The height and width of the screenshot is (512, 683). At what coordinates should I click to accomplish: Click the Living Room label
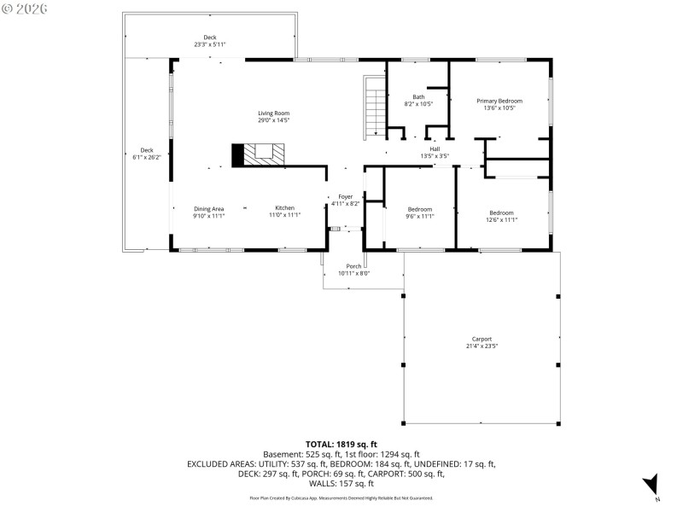click(274, 117)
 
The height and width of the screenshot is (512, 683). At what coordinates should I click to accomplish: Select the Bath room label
click(418, 100)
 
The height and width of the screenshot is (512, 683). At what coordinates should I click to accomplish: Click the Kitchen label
click(284, 212)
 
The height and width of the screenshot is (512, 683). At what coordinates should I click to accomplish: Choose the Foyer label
click(345, 200)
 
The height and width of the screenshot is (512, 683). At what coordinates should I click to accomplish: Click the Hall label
click(435, 152)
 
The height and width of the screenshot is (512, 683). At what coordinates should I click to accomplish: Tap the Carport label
click(482, 342)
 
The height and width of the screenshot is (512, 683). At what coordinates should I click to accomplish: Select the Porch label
click(353, 270)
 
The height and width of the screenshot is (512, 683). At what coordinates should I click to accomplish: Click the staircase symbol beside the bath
click(376, 107)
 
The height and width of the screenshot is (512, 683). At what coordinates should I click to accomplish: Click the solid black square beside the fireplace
click(238, 154)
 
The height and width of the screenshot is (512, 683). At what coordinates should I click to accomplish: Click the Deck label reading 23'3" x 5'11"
click(209, 40)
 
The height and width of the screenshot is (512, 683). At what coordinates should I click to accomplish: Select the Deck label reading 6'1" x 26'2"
click(147, 154)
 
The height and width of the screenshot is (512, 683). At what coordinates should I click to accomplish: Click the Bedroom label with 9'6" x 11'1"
click(419, 212)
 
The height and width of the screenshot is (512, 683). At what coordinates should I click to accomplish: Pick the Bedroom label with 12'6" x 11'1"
click(501, 216)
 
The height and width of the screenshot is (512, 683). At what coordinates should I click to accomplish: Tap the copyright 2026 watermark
click(25, 8)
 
